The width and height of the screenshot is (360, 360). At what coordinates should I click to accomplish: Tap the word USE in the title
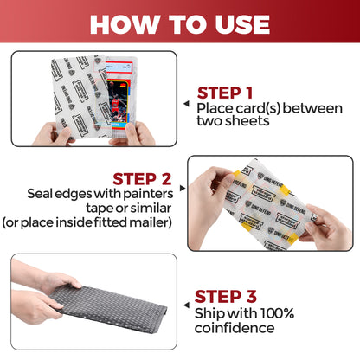[x=236, y=23]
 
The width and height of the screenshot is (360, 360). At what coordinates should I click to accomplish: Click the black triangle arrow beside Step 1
[x=185, y=101]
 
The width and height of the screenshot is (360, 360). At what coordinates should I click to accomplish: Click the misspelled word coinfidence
[x=235, y=328]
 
